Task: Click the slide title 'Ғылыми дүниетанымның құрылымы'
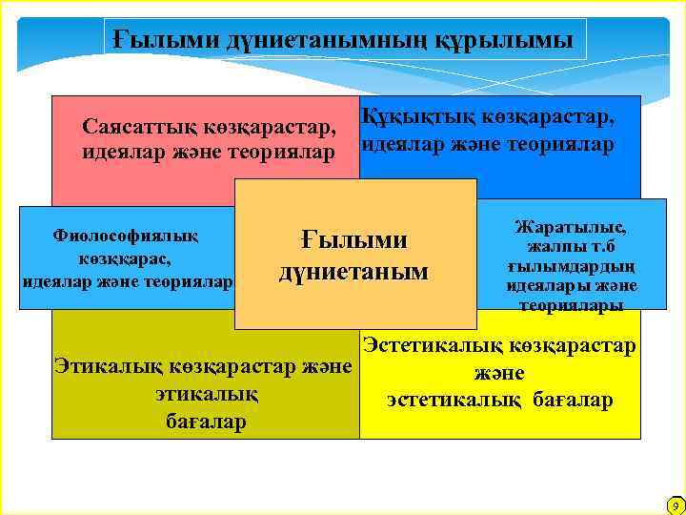344,40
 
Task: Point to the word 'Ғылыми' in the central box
353,239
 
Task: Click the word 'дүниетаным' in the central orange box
353,272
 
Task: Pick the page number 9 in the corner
674,505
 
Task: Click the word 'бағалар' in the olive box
206,421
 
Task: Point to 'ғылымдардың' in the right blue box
571,266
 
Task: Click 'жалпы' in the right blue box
552,246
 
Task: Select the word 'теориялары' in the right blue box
571,304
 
